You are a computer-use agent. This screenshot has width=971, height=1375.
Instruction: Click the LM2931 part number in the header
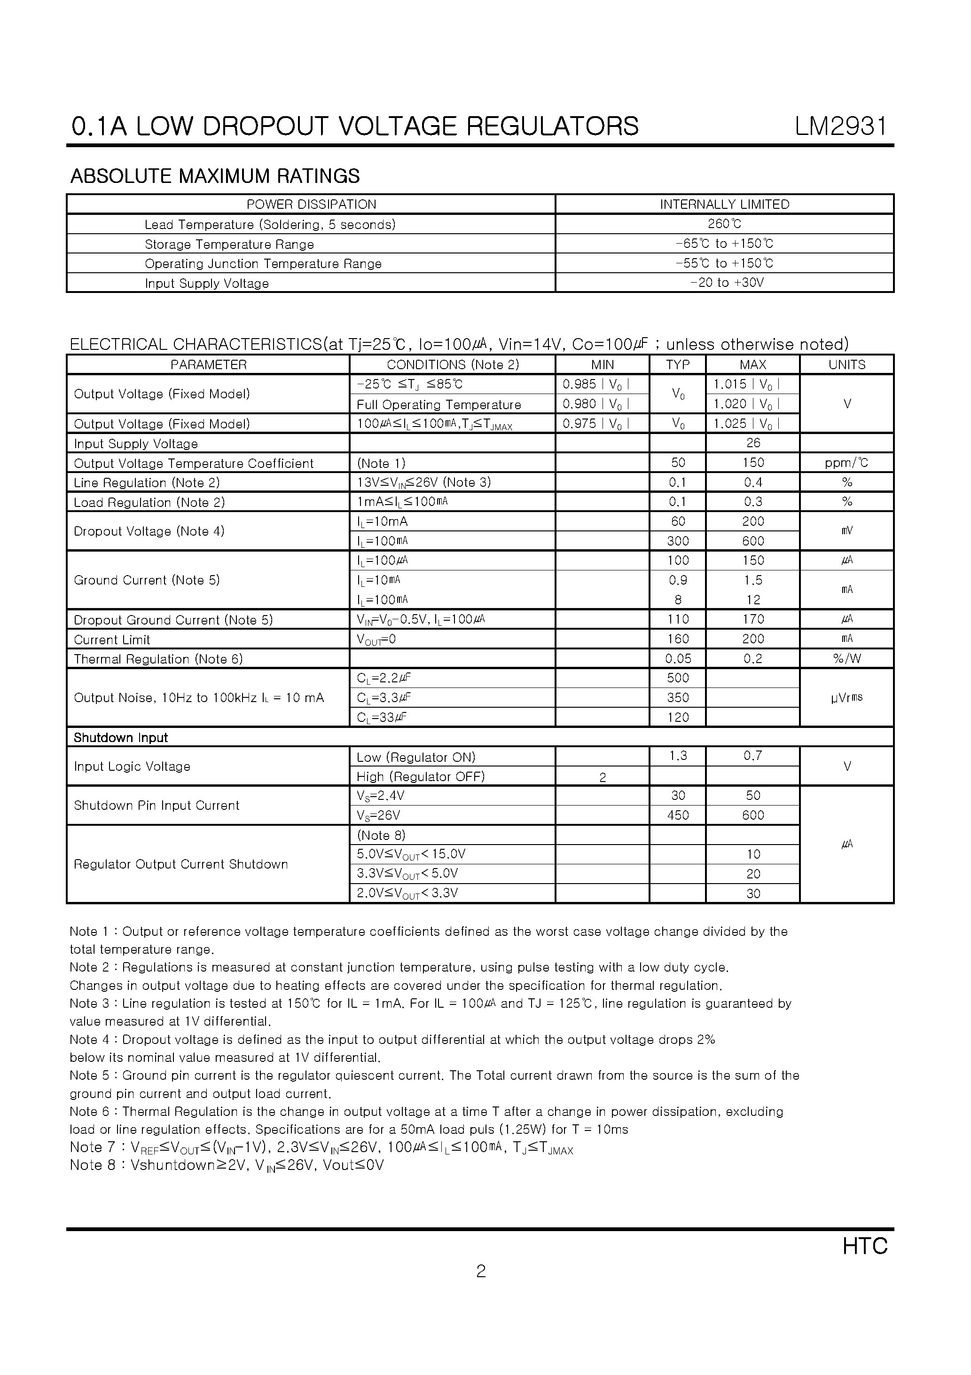[x=841, y=126]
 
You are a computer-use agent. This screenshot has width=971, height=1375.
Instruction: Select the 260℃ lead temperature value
[x=724, y=224]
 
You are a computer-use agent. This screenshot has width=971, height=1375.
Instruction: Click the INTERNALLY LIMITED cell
[x=724, y=204]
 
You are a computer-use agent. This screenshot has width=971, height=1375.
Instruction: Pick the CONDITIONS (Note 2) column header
[x=453, y=365]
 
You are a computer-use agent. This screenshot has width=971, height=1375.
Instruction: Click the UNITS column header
[x=846, y=365]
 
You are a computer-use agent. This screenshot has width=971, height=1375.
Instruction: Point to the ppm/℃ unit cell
[x=846, y=463]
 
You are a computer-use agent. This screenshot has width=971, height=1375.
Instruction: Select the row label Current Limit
[x=112, y=640]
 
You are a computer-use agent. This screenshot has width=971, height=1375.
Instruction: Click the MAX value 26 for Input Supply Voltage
[x=752, y=443]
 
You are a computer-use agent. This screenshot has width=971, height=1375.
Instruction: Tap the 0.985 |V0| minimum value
[x=595, y=385]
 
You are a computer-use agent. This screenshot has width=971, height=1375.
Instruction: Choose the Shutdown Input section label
[x=120, y=738]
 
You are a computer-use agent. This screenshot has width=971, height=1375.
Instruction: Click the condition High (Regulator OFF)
[x=420, y=777]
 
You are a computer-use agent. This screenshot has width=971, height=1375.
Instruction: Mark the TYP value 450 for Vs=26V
[x=678, y=815]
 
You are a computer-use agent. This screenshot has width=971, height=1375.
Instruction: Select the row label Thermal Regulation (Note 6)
[x=158, y=659]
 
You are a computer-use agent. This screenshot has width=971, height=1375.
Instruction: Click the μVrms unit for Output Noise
[x=846, y=698]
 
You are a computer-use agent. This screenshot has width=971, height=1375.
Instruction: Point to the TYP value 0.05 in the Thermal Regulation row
[x=678, y=659]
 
